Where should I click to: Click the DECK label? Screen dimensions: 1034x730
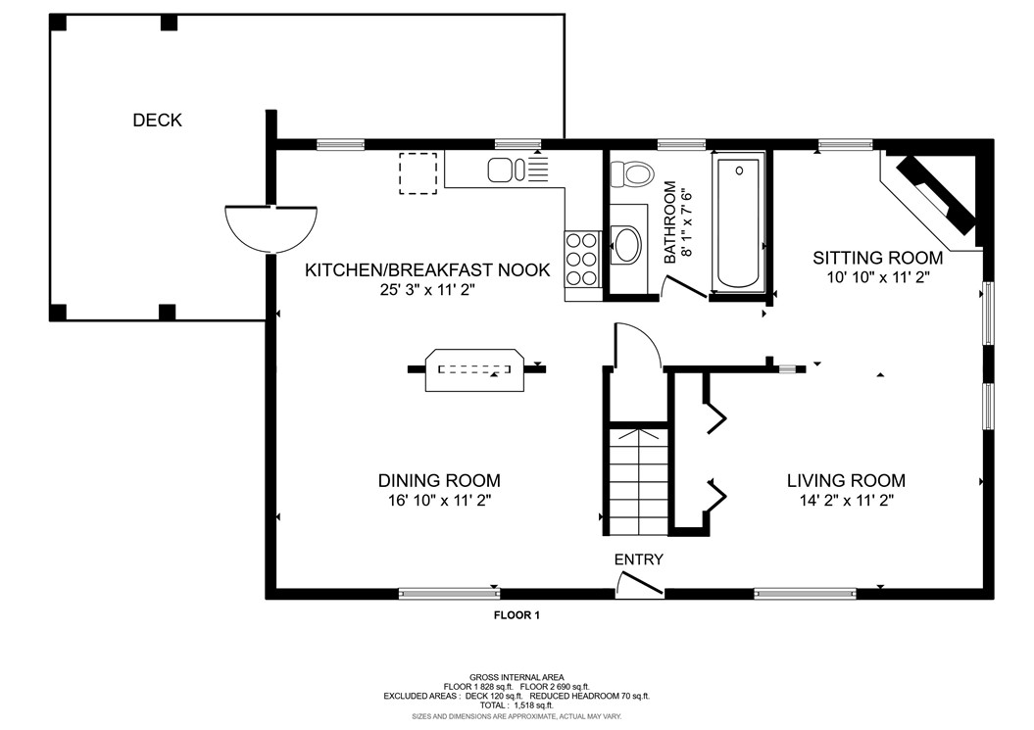coord(157,120)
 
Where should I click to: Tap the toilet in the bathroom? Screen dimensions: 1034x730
coord(631,174)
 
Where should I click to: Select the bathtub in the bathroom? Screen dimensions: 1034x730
coord(738,222)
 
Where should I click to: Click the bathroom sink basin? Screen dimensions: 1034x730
coord(626,245)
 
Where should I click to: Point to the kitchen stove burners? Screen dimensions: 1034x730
coord(581,258)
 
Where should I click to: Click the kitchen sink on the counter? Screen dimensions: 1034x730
coord(506,170)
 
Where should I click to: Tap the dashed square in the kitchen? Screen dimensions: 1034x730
coord(419,173)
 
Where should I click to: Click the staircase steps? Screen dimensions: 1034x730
coord(638,482)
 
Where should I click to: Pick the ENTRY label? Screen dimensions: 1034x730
coord(638,560)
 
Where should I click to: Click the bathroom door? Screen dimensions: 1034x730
coord(683,286)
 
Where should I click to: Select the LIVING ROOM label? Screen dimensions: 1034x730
coord(846,480)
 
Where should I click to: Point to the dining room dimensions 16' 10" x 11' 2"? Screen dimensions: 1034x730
coord(440,501)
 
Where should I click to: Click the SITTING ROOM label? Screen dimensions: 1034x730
coord(878,258)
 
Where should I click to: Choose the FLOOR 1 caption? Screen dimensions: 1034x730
coord(517,615)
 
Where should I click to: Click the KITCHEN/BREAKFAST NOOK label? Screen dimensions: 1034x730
coord(427,269)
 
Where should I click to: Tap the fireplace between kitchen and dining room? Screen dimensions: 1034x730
coord(474,370)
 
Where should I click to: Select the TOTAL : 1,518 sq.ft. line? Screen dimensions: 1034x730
coord(517,705)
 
